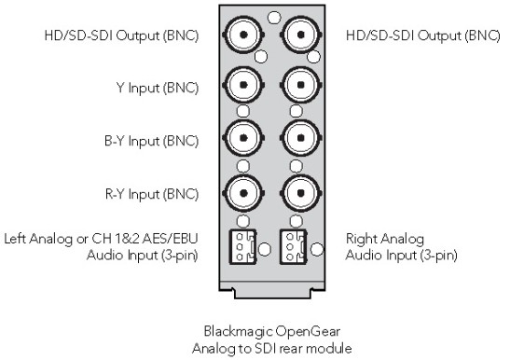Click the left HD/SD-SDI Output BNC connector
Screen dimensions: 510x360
[243, 35]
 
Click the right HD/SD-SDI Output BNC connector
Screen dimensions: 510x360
[300, 35]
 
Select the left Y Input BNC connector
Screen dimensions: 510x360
[243, 85]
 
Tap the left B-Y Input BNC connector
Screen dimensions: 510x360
[243, 138]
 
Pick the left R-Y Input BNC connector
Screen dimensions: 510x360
[243, 193]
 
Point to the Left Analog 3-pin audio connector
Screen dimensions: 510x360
[243, 247]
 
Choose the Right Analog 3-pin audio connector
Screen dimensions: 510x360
[294, 247]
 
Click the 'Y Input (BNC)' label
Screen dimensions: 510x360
[157, 88]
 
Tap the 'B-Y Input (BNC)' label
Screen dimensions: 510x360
[151, 141]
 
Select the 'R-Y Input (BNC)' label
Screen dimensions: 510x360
[152, 194]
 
